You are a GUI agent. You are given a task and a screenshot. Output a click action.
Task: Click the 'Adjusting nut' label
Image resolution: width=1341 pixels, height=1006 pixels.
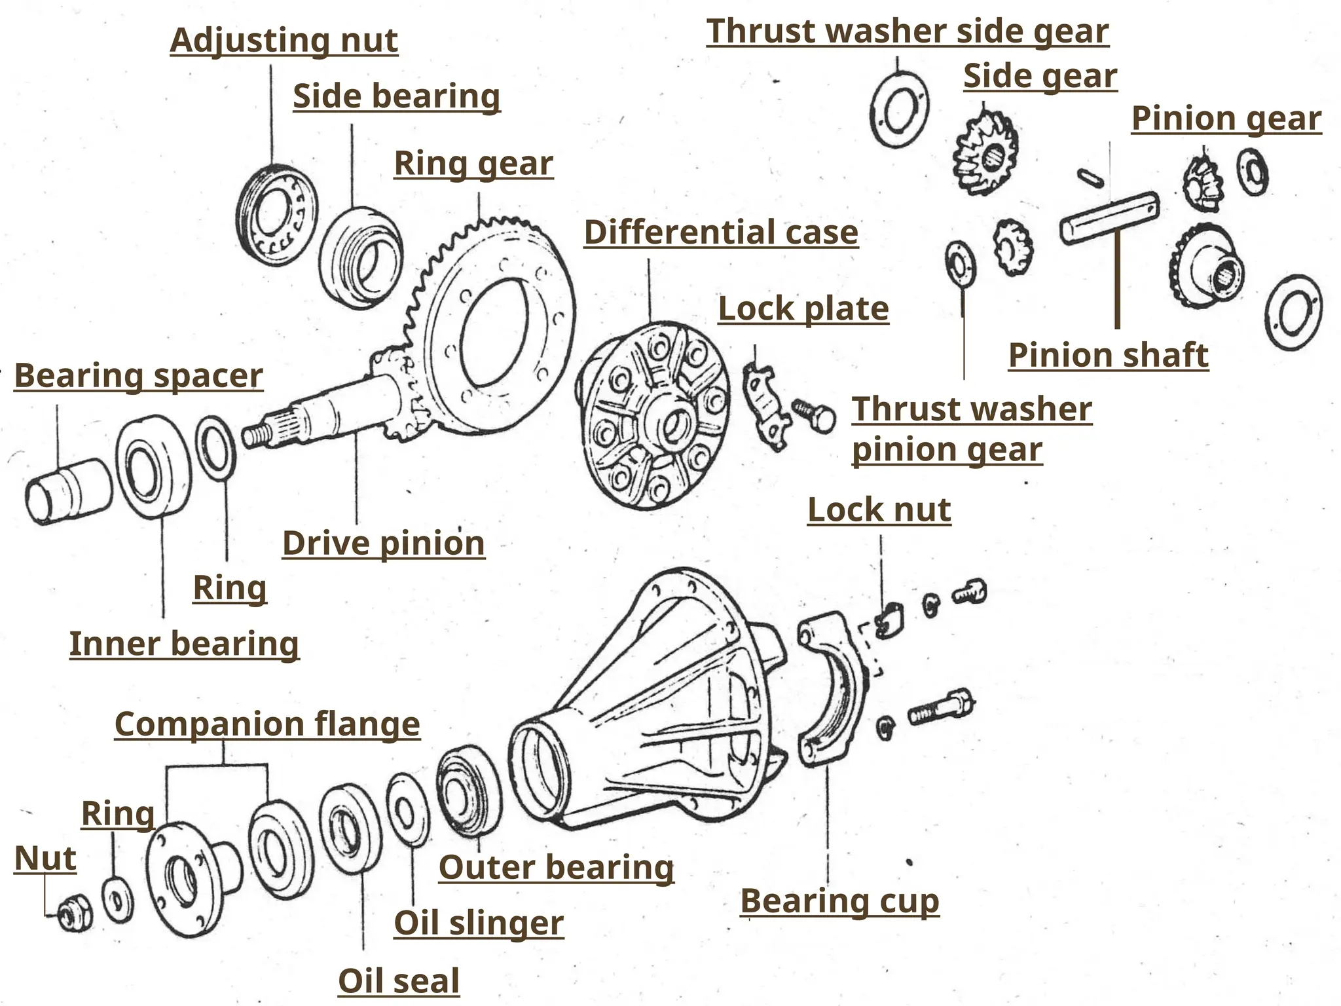click(x=284, y=41)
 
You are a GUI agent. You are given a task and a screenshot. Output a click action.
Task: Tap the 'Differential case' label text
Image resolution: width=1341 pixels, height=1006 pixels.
click(x=720, y=233)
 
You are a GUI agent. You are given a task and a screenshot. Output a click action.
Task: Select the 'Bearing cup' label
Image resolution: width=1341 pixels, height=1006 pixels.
click(x=839, y=901)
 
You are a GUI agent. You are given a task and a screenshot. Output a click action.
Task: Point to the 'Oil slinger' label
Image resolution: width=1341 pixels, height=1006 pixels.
click(x=478, y=923)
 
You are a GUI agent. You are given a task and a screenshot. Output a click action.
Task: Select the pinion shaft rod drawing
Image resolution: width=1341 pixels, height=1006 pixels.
click(x=1109, y=217)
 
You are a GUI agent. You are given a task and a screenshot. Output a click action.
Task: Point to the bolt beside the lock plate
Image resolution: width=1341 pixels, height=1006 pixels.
click(x=815, y=415)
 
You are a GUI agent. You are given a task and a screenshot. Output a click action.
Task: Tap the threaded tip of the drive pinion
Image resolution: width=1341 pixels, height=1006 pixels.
click(x=257, y=434)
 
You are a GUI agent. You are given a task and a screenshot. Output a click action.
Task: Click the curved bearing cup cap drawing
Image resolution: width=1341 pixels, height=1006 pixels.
click(x=832, y=688)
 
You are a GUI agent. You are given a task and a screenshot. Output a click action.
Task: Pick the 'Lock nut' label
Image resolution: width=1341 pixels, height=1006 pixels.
click(x=879, y=510)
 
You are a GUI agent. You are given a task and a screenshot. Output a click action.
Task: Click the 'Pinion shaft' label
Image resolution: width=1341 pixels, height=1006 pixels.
click(x=1108, y=356)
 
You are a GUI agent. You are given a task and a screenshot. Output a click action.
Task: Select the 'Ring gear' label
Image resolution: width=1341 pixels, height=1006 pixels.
click(x=473, y=164)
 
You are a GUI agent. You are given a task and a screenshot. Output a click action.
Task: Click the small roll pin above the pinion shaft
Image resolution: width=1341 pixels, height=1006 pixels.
click(x=1090, y=177)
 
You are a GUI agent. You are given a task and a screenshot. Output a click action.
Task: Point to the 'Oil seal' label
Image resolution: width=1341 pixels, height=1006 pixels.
click(x=398, y=981)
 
